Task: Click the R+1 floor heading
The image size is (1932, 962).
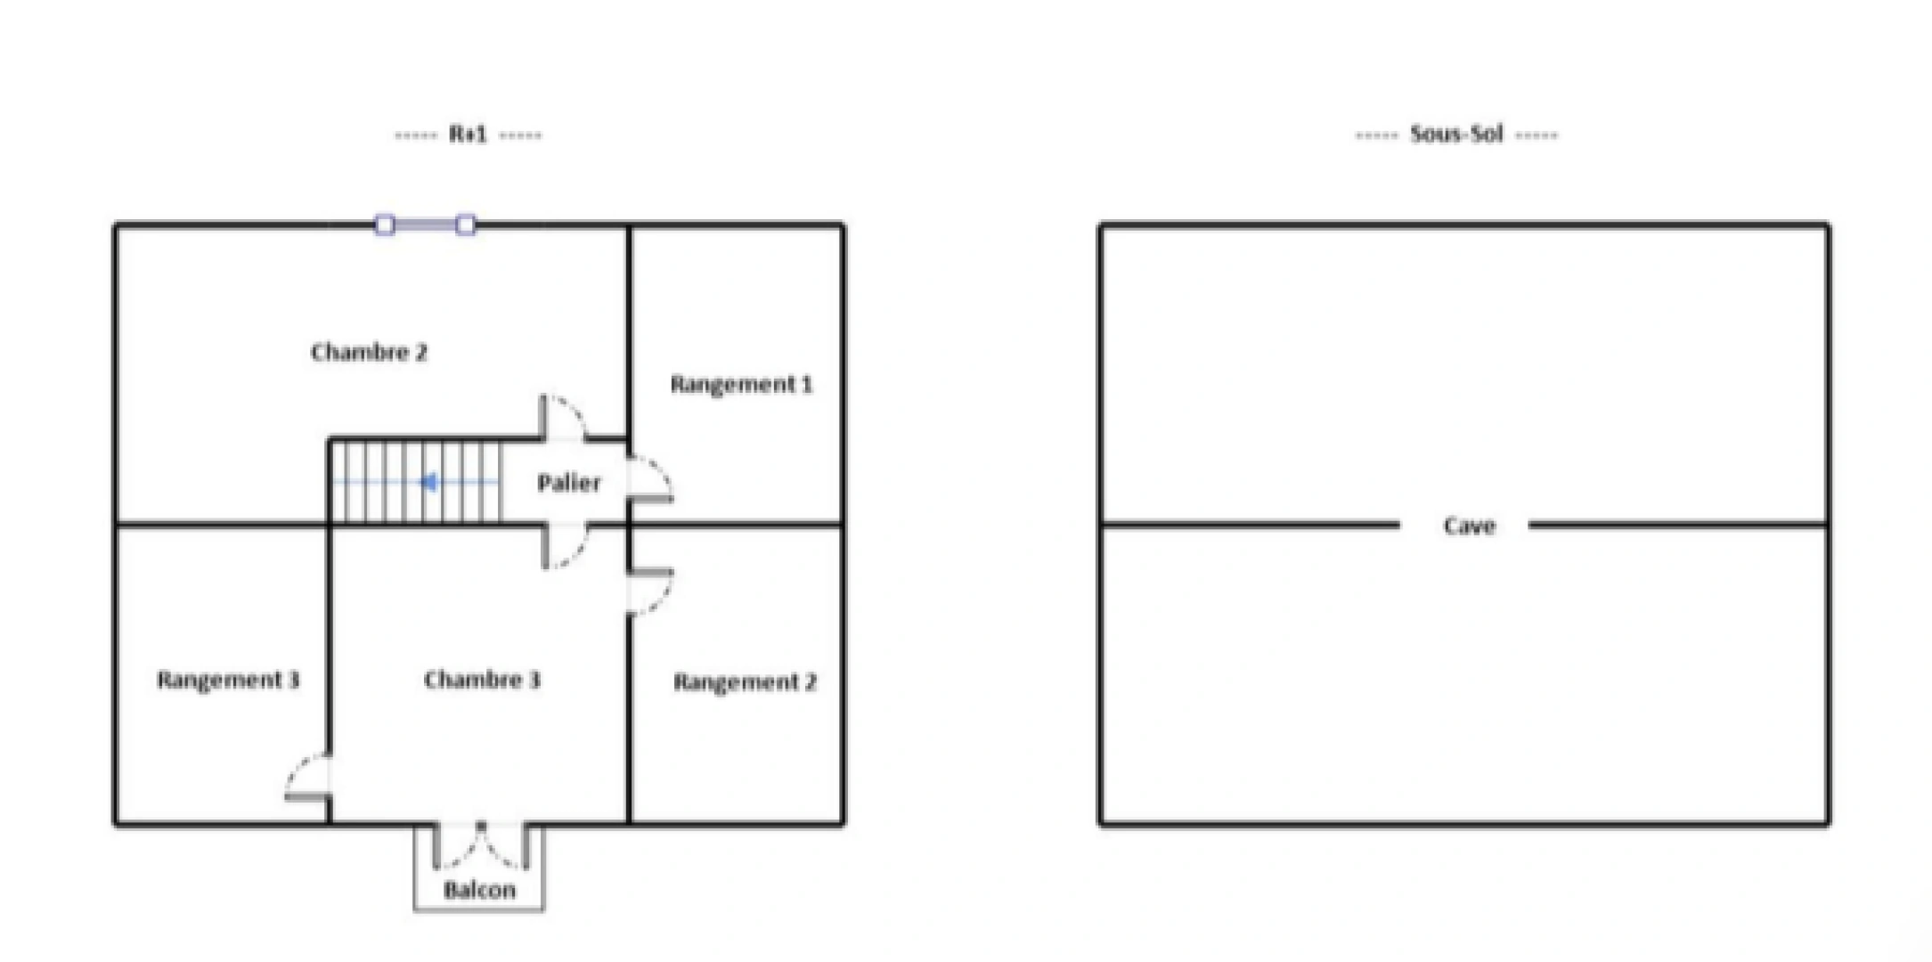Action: [x=468, y=135]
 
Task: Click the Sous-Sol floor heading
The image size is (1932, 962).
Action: [x=1457, y=135]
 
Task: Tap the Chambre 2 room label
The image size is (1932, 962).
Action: [x=369, y=352]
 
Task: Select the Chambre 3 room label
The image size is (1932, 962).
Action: [x=482, y=680]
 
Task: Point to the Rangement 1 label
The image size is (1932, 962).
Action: [x=741, y=384]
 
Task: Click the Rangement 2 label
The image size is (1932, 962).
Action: [x=745, y=682]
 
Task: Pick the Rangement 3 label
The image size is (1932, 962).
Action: [x=229, y=680]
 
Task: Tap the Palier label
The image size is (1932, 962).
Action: [x=569, y=483]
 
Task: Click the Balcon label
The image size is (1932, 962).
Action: [x=479, y=890]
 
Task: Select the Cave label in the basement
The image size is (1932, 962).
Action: [x=1469, y=526]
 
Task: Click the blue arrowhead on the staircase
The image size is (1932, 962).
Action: [x=429, y=483]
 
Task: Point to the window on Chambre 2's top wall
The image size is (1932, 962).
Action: [x=425, y=225]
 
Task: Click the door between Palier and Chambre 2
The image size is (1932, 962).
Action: [x=564, y=417]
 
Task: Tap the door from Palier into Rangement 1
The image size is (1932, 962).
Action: [x=650, y=480]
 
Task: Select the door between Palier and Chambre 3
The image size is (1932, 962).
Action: [x=564, y=546]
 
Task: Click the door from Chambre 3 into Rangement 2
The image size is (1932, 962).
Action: [x=650, y=591]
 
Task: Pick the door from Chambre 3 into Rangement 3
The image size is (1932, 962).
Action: [x=308, y=776]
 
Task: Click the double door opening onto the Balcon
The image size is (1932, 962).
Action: [x=481, y=846]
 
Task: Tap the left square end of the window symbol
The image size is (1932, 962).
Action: [x=385, y=225]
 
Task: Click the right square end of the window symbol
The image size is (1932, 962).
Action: [x=466, y=225]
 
